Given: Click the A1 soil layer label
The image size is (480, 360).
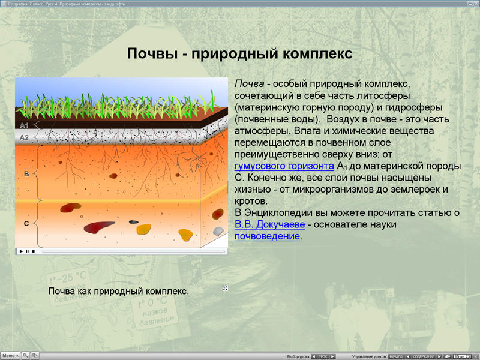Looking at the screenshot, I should coord(24,125).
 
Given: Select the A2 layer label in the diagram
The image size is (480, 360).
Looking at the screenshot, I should coord(24,137).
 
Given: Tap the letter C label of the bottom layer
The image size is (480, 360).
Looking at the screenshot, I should coord(26,223).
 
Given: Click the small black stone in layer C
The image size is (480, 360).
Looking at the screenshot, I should coord(133,221).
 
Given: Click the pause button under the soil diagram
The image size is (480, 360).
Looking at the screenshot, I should coord(27,251).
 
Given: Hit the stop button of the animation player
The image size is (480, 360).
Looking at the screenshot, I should coord(33,251).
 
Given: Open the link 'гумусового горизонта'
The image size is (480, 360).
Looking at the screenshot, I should coord(284,166).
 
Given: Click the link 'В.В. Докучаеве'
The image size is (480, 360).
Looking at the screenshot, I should coord(269,224).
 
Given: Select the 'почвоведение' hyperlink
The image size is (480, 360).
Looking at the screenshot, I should coord(267,236).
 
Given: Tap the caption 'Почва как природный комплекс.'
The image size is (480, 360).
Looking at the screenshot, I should coord(118,291).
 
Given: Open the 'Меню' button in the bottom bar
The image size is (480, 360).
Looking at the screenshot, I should coord(10,356).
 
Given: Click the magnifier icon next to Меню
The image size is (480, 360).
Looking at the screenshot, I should coord(26,356).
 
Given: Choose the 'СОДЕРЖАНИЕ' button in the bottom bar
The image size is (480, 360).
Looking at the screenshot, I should coord(424,356).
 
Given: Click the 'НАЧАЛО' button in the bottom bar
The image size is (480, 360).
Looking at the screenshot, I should coord(396,356).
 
